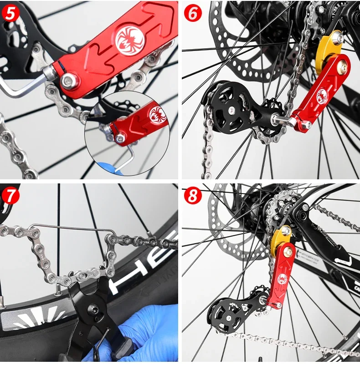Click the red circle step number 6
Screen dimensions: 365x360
click(x=193, y=13)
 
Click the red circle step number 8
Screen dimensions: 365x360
click(x=193, y=196)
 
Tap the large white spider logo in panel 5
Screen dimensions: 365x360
click(x=130, y=39)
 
